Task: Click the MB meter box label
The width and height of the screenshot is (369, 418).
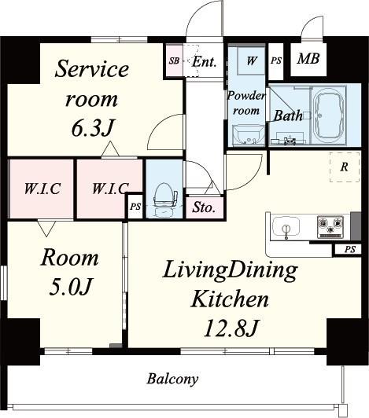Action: point(308,58)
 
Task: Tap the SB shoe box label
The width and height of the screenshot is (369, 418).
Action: point(174,60)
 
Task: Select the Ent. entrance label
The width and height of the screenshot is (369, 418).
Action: point(205,62)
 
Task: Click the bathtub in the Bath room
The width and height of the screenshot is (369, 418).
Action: point(329,115)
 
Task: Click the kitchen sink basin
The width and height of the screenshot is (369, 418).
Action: point(286,227)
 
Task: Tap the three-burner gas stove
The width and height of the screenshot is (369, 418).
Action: point(330,226)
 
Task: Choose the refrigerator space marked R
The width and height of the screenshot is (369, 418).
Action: point(345,167)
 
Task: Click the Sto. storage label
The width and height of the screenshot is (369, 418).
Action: point(205,207)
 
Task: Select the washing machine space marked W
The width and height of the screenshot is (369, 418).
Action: point(251,60)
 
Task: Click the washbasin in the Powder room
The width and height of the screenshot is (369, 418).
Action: point(249,135)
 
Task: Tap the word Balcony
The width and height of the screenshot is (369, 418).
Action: point(173,379)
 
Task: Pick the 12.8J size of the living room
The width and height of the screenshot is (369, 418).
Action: point(231,328)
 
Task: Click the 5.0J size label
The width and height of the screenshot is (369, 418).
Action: point(71,287)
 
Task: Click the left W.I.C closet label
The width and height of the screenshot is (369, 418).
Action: point(42,189)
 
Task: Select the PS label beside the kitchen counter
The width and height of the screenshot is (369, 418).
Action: point(350,250)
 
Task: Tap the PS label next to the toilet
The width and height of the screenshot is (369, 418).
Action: point(135,207)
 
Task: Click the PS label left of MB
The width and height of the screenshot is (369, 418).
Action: point(276,60)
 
